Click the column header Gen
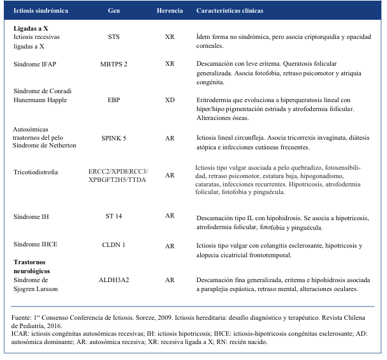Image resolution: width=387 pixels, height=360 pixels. click(113, 11)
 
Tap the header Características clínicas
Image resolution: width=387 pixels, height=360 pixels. click(230, 11)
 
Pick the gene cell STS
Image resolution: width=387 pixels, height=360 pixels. click(113, 37)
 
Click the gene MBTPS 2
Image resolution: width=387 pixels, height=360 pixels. click(113, 64)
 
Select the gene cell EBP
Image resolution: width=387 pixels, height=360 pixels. click(113, 100)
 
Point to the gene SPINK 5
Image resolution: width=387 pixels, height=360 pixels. click(113, 137)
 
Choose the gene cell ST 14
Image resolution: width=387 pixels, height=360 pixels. click(113, 216)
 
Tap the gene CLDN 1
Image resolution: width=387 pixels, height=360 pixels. click(113, 246)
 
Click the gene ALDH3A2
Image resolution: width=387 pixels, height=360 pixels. click(113, 280)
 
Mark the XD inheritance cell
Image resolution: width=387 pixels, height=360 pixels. click(170, 100)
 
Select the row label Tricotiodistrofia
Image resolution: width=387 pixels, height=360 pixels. click(38, 172)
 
